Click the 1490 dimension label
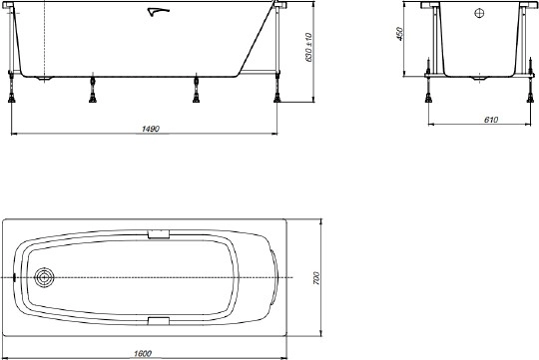click(x=152, y=129)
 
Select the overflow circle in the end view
click(x=476, y=14)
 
